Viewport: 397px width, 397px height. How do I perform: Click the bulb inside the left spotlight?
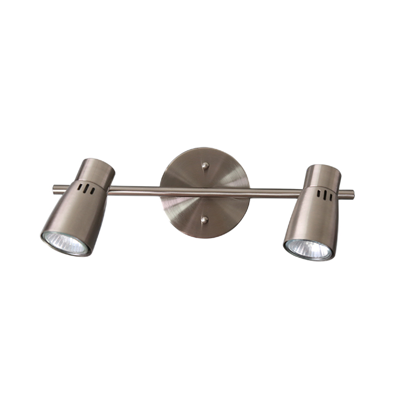(66, 242)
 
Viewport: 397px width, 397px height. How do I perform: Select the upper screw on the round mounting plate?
(205, 165)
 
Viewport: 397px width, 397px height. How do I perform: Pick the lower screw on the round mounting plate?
(205, 221)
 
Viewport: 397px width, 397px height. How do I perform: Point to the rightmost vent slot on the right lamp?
(328, 198)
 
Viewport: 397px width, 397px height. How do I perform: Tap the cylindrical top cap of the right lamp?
(323, 174)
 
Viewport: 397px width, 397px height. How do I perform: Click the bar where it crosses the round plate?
(205, 192)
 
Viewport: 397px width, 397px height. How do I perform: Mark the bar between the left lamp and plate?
(135, 192)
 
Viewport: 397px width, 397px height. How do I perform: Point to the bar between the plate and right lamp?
(274, 193)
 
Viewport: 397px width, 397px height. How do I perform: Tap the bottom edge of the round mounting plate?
(205, 236)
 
